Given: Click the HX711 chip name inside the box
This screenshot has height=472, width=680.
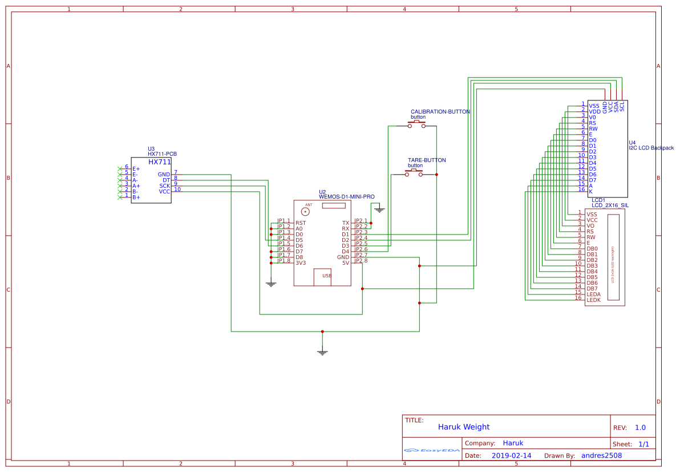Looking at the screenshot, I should (x=160, y=162).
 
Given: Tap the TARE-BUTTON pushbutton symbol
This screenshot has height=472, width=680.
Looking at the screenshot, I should (x=414, y=174).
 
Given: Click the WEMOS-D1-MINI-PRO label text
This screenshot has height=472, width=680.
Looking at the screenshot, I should (x=346, y=197).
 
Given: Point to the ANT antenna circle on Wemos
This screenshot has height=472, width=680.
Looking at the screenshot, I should (x=305, y=211).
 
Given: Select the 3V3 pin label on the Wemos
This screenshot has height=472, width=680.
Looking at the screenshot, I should (x=301, y=263).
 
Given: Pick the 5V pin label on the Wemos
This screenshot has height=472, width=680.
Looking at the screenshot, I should (x=345, y=263).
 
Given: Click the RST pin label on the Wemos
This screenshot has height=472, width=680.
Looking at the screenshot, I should (x=301, y=223).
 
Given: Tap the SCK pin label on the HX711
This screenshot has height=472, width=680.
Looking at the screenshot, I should (x=164, y=186).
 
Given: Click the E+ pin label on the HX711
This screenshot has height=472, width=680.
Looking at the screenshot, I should (x=136, y=169).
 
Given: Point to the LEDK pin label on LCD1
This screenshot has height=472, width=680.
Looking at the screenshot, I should (x=593, y=300).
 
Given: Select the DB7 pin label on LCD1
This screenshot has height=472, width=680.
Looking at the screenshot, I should (x=592, y=288).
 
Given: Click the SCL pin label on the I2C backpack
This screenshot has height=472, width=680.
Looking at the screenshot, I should (x=622, y=106).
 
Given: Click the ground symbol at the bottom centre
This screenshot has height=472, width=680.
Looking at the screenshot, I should (x=322, y=352).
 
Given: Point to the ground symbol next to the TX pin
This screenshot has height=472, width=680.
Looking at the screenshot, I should (x=379, y=210).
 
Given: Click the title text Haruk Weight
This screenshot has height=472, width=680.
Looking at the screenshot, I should (x=463, y=427).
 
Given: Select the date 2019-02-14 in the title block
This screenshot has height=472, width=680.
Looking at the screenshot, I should (x=511, y=455).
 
